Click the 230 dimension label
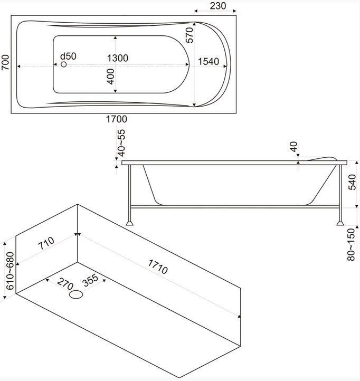217,6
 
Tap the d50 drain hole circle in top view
64,64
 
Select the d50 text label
68,56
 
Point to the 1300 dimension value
117,58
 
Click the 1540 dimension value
209,62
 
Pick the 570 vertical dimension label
190,35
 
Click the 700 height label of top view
6,64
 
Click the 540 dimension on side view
353,182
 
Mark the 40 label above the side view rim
294,146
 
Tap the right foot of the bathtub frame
338,224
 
